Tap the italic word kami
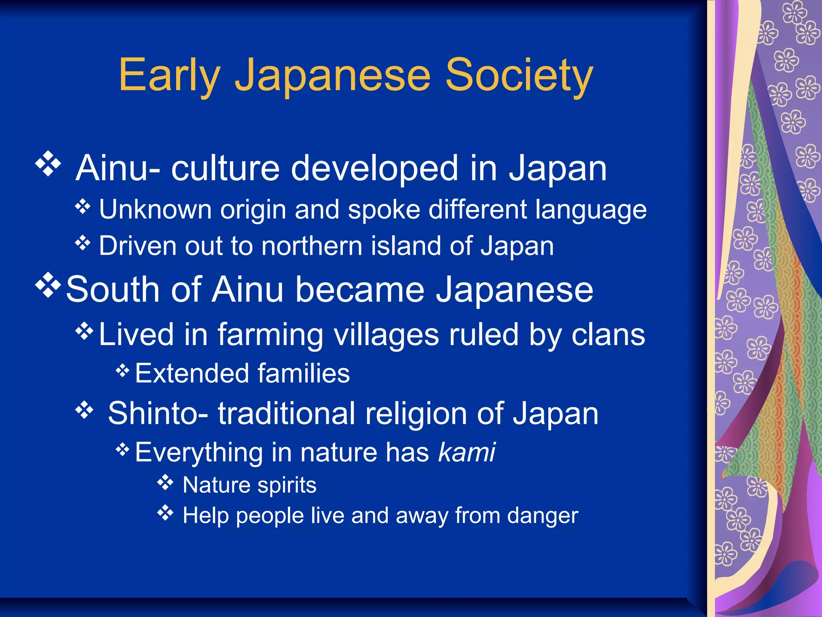coord(467,452)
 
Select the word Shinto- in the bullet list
coord(158,413)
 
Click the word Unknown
coord(155,209)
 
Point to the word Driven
coord(136,246)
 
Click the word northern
coord(312,246)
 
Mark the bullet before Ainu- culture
coord(48,163)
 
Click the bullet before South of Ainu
coord(48,285)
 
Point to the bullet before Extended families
coord(122,370)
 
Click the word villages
coord(386,334)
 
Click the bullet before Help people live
coord(165,513)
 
